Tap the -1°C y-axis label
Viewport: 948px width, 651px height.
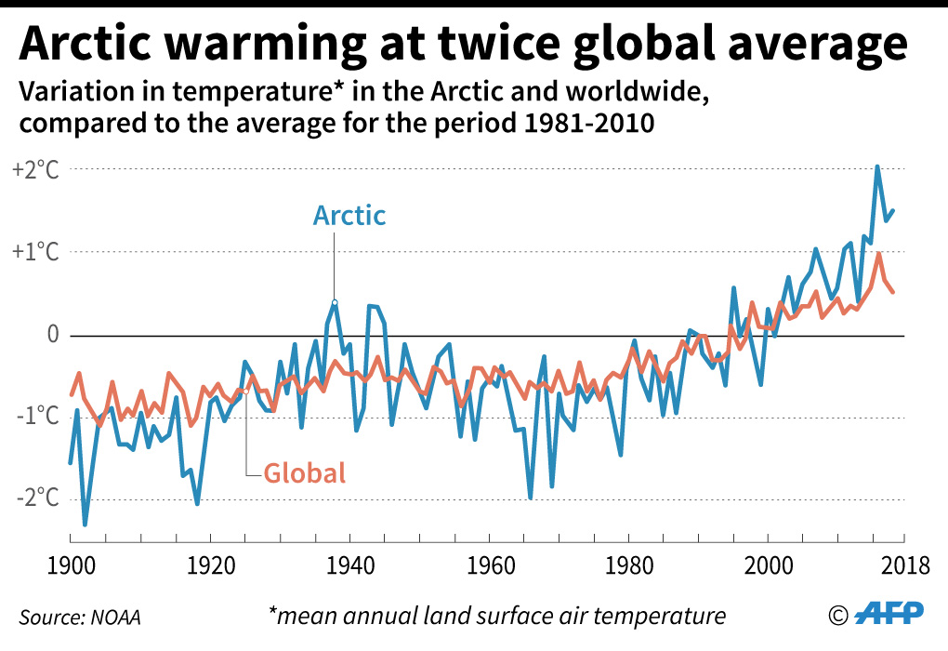[x=35, y=417]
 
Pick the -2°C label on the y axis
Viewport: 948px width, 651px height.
[x=35, y=498]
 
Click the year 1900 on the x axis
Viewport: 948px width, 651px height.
[x=72, y=565]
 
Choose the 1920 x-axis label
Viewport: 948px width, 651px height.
[x=210, y=565]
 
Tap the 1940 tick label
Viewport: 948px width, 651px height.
[x=349, y=565]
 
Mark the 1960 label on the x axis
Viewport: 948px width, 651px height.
[x=489, y=565]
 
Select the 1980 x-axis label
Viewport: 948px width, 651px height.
[x=628, y=565]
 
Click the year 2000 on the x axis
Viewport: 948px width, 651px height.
[x=768, y=565]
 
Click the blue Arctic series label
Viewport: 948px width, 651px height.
[x=349, y=216]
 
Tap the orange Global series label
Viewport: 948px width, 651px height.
[x=305, y=472]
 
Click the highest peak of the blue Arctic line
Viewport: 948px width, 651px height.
[x=876, y=167]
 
